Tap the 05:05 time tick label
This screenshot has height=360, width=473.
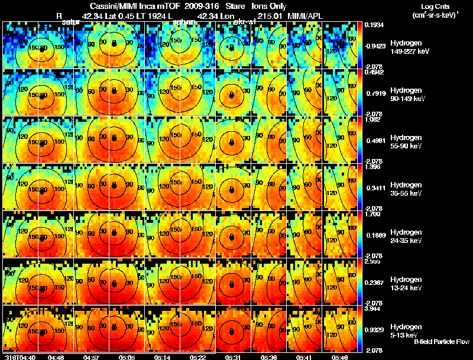[127, 357]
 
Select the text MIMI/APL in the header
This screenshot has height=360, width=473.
[303, 15]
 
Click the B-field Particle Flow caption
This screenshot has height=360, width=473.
[440, 342]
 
